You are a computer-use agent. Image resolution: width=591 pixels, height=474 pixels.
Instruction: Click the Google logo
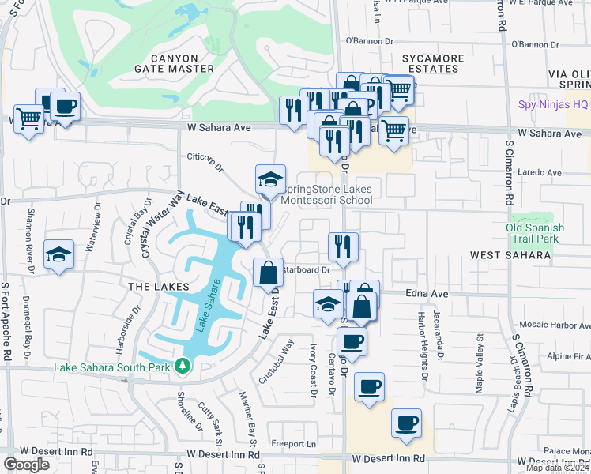click(x=27, y=465)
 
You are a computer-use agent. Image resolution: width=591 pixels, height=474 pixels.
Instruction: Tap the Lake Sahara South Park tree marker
click(x=183, y=366)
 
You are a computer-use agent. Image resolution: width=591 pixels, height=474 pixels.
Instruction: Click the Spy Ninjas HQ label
click(x=553, y=104)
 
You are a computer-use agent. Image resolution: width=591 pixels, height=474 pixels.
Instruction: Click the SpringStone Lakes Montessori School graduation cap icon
click(x=270, y=179)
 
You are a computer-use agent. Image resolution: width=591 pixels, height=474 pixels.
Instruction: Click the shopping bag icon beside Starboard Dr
click(x=269, y=273)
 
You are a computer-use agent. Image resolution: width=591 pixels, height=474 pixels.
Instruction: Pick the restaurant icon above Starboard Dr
click(x=343, y=246)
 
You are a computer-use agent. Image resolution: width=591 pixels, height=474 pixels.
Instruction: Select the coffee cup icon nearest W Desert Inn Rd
click(x=406, y=423)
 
